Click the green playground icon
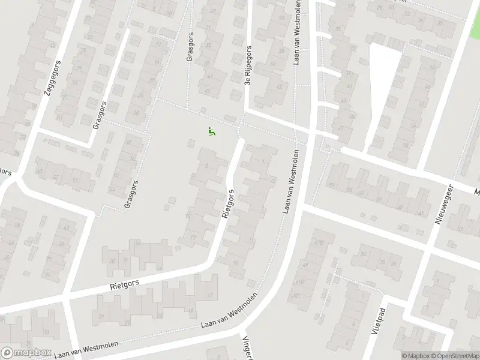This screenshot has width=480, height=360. (211, 131)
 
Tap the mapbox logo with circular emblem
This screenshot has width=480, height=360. (26, 353)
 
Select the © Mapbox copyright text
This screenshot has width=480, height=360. (415, 356)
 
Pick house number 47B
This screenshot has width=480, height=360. (319, 243)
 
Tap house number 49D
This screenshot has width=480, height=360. (295, 296)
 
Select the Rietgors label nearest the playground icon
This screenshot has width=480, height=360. (228, 204)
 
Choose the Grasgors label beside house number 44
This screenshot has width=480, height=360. (130, 194)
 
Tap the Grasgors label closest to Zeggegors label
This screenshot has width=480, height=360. (100, 115)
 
